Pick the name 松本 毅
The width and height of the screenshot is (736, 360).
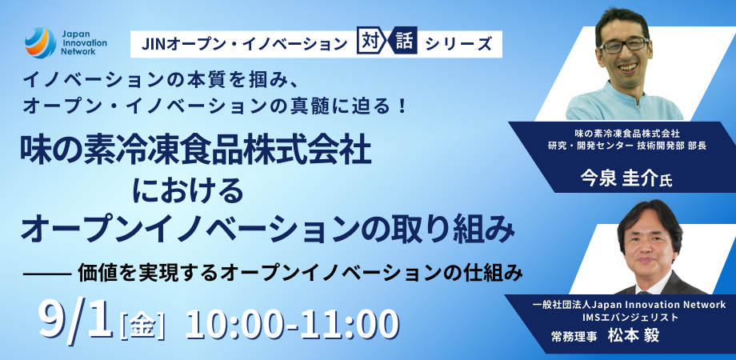pyautogui.click(x=640, y=337)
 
